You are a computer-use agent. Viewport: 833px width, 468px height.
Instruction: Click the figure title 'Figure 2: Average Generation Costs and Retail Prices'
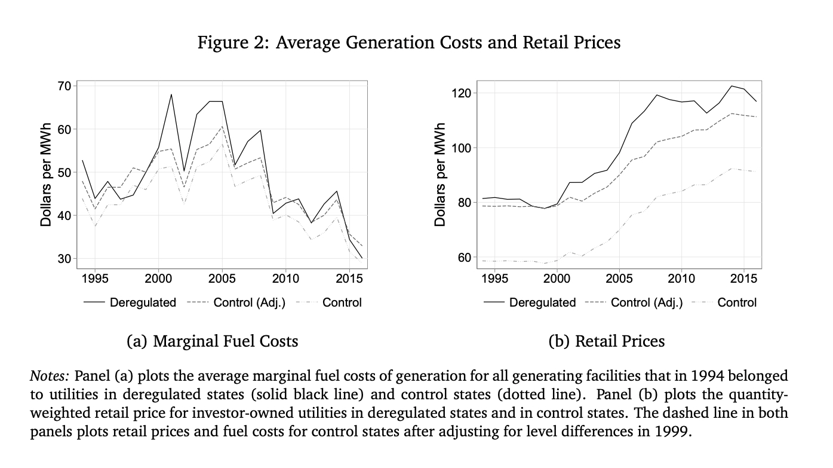point(409,43)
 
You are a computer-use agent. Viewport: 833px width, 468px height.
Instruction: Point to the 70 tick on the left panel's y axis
point(64,86)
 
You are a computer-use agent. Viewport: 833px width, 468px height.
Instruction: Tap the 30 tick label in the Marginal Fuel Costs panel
point(64,259)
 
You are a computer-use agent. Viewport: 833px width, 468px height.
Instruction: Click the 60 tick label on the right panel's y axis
point(465,258)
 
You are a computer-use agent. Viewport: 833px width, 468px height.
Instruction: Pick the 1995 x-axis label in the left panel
point(95,279)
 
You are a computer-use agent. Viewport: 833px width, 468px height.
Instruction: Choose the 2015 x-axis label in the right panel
point(743,279)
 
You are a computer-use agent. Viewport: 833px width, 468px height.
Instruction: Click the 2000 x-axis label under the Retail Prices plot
point(557,279)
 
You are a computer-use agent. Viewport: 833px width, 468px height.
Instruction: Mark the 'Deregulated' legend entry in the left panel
point(143,302)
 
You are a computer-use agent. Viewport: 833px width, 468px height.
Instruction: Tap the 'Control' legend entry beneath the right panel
point(737,302)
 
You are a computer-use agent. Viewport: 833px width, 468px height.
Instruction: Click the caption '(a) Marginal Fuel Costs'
point(213,341)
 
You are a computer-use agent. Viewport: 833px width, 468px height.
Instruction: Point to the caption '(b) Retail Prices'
point(606,341)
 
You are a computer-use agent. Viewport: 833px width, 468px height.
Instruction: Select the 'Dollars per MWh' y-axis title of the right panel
point(441,175)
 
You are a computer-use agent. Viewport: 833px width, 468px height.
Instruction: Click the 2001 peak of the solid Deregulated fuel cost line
point(171,94)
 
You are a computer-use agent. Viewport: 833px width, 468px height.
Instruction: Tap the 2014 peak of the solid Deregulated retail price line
point(731,86)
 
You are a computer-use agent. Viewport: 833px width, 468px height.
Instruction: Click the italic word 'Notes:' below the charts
point(50,376)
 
